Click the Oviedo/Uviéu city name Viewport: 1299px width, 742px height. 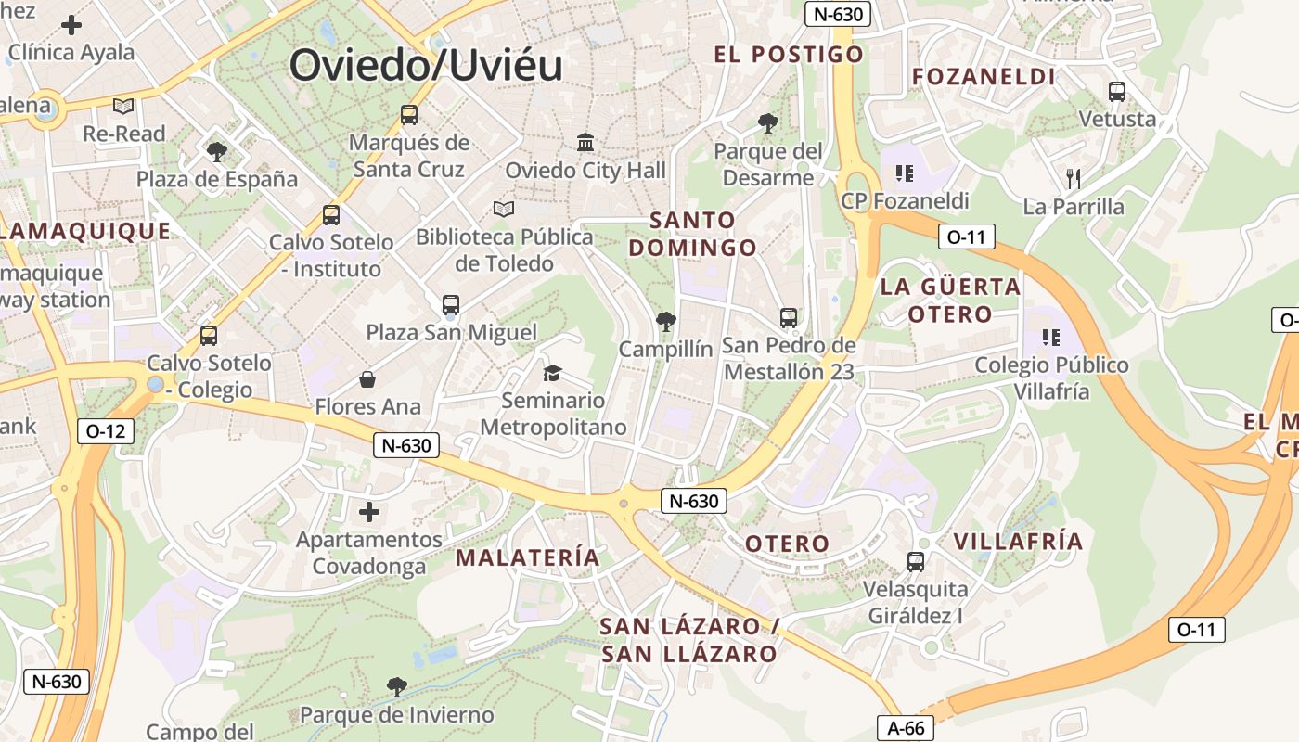(x=426, y=66)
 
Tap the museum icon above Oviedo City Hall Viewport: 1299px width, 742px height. (x=585, y=143)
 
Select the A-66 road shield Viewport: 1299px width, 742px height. (x=906, y=728)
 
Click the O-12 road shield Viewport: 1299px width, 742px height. (x=105, y=430)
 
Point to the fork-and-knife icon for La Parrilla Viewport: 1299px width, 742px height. (x=1074, y=178)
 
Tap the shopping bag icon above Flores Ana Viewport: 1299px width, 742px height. (x=367, y=379)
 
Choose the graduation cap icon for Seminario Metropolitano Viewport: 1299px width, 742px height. (x=553, y=373)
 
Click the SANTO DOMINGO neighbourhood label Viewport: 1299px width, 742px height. (x=692, y=234)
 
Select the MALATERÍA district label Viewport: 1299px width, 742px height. (x=528, y=557)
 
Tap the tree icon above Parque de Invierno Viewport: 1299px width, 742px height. (x=396, y=687)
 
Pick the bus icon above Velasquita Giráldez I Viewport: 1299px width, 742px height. (x=915, y=561)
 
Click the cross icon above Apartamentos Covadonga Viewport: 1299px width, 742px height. (x=369, y=511)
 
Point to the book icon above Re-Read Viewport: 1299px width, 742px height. (x=123, y=106)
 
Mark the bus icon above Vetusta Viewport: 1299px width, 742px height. (x=1117, y=92)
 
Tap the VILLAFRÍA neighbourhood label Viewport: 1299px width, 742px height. (x=1018, y=542)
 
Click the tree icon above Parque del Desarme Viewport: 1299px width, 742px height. (x=767, y=122)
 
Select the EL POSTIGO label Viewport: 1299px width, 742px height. (x=788, y=54)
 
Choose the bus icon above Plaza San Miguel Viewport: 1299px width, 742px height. (x=451, y=304)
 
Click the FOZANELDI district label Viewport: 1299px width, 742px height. (x=984, y=76)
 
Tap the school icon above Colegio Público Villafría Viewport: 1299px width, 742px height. (x=1050, y=337)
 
